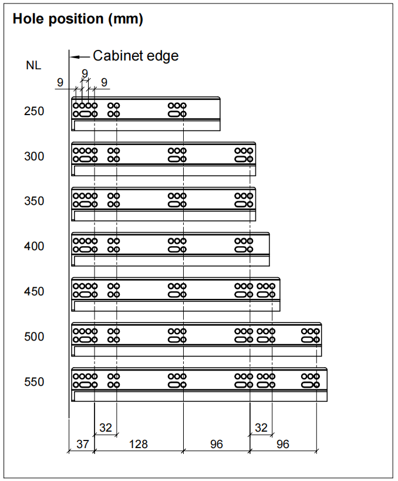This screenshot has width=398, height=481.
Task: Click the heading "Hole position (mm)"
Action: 78,18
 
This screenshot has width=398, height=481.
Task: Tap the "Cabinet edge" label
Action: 135,56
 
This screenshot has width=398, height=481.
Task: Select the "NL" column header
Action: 33,65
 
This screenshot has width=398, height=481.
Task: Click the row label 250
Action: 34,111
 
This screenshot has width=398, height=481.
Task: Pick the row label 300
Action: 34,156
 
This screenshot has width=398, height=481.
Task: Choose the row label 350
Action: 34,201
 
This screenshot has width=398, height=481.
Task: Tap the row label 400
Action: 34,246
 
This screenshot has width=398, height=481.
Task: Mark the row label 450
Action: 34,291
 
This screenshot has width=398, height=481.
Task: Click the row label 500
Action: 34,337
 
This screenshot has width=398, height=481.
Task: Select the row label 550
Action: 34,382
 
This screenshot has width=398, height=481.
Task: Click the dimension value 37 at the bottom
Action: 83,444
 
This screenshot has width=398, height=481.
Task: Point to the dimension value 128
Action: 139,444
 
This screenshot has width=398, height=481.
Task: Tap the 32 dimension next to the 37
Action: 106,428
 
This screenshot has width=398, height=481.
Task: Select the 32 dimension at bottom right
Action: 261,428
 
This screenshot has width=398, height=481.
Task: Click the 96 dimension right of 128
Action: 217,444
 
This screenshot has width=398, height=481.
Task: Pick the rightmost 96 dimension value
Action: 283,444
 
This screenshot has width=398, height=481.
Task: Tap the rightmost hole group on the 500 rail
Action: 311,335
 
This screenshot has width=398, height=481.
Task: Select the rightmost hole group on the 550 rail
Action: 311,381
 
